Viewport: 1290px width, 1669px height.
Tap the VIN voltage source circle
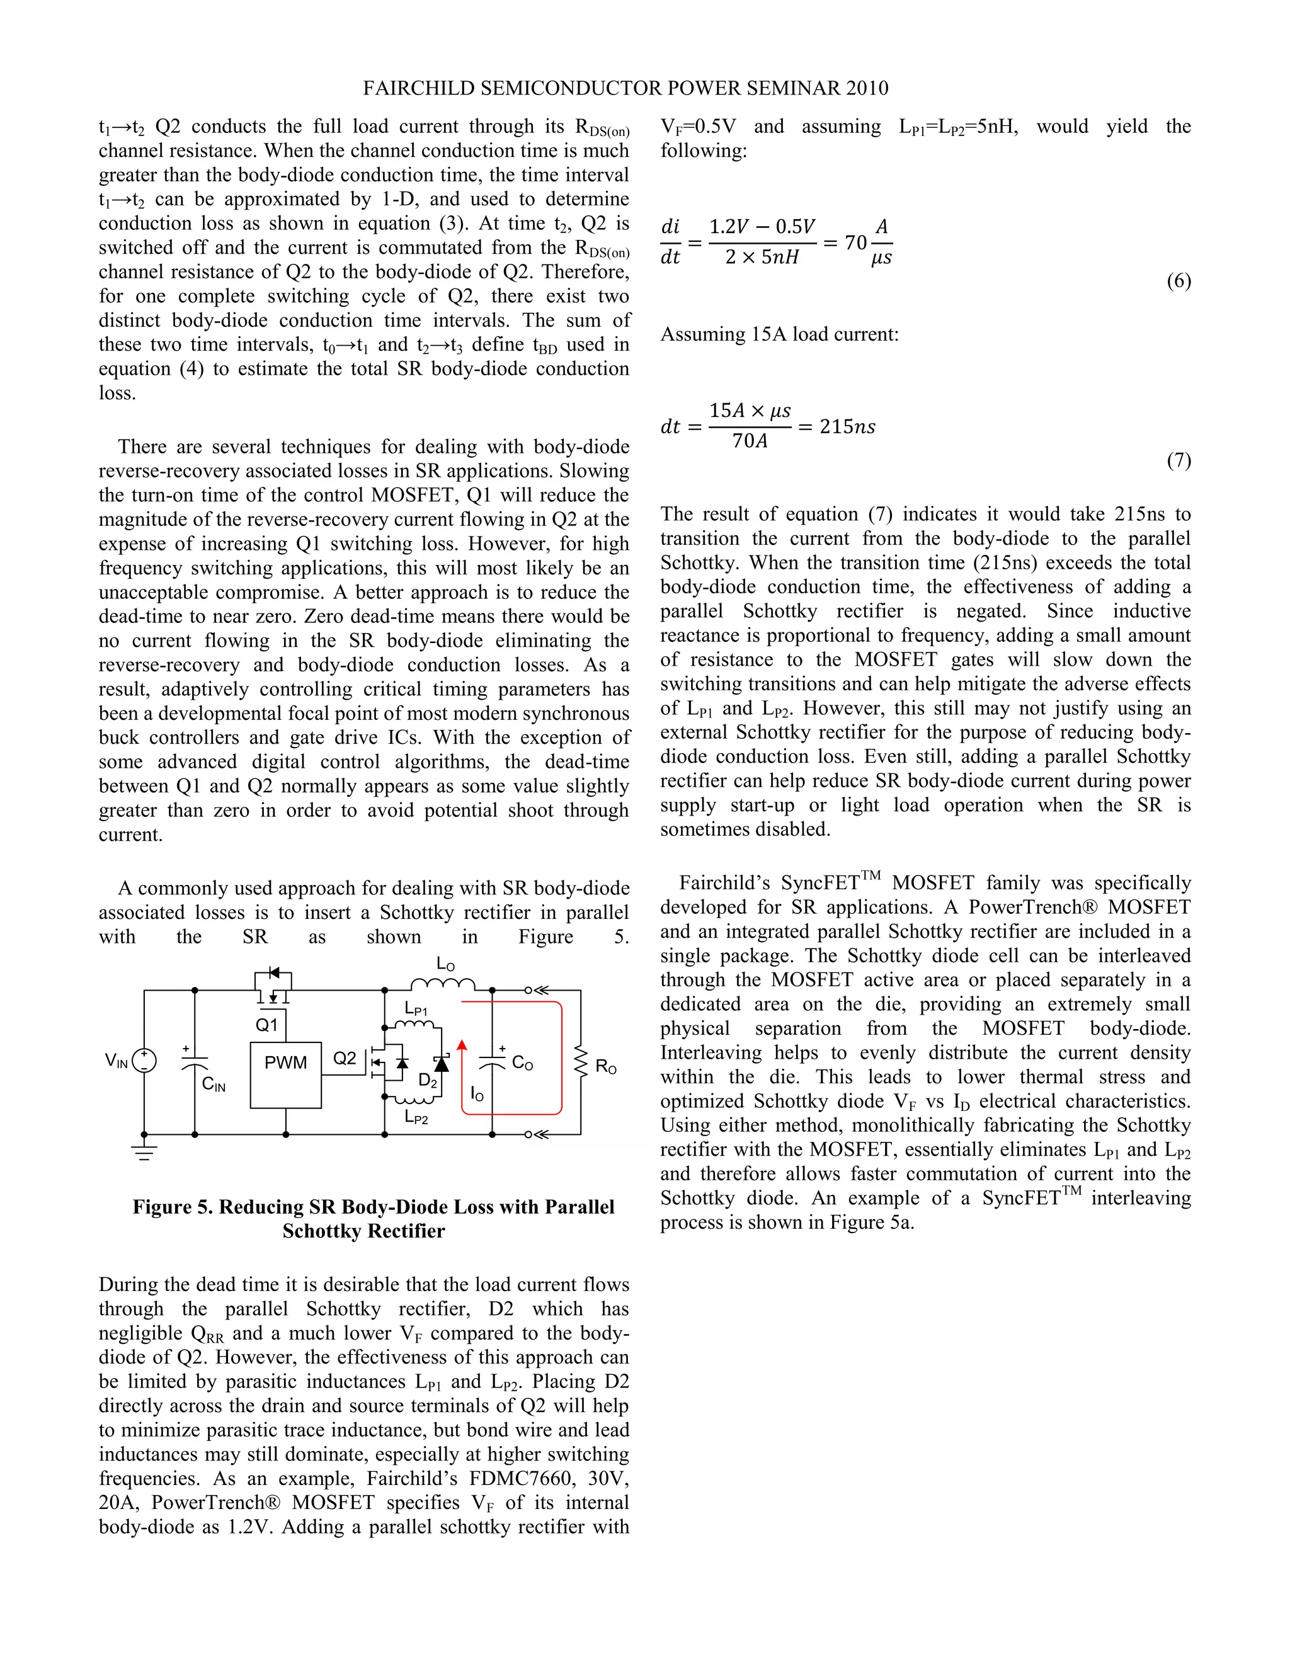coord(144,1061)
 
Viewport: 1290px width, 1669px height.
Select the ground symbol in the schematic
coord(144,1153)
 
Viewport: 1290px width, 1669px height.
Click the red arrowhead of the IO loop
coord(462,1046)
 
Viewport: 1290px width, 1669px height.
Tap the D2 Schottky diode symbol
coord(441,1063)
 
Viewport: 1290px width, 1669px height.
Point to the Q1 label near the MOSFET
coord(266,1025)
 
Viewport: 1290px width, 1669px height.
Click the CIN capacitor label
coord(214,1085)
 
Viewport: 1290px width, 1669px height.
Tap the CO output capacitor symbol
coord(492,1063)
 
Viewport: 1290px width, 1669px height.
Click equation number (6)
coord(1178,282)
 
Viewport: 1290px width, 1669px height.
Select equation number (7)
coord(1178,461)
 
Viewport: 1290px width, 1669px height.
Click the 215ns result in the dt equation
coord(848,426)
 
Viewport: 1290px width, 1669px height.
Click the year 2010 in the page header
coord(867,89)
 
